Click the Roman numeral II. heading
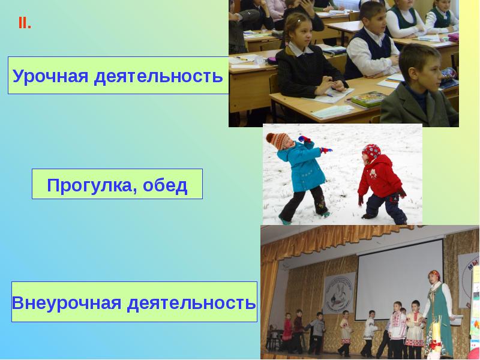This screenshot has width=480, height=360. pos(25,24)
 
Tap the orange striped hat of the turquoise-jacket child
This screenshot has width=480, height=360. pos(277,142)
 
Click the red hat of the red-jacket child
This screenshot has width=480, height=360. pos(371,151)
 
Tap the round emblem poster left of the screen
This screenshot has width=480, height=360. pos(339,293)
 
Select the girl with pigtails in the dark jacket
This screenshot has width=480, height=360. pos(303,60)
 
